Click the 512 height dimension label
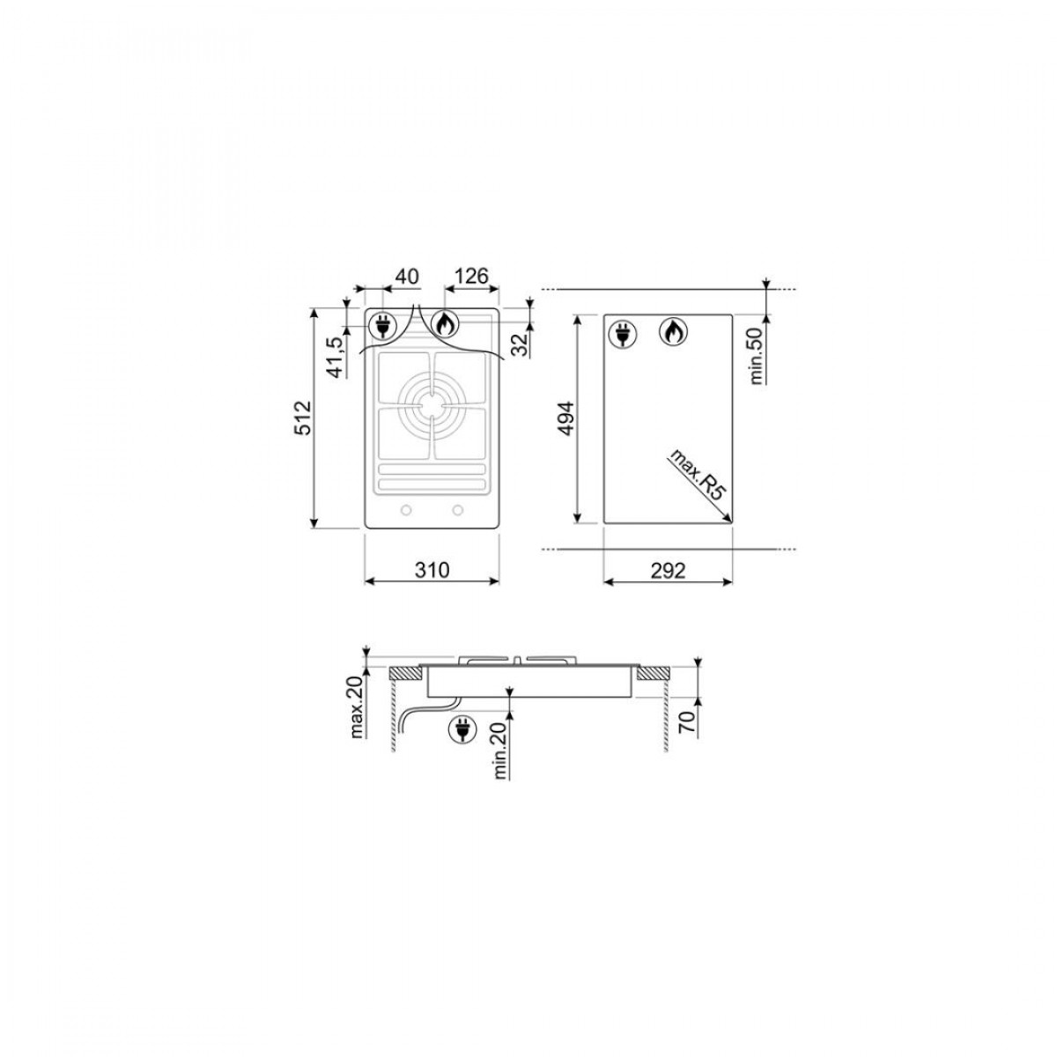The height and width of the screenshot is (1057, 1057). click(x=303, y=418)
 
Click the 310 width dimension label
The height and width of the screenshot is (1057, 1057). click(x=432, y=571)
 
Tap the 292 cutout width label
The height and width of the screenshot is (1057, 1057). click(x=668, y=571)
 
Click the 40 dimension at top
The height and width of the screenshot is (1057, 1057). click(x=406, y=277)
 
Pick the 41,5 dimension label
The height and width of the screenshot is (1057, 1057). click(x=339, y=357)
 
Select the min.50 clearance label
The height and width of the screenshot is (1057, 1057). click(x=757, y=356)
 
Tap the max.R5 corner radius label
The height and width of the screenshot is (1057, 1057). click(x=697, y=474)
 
